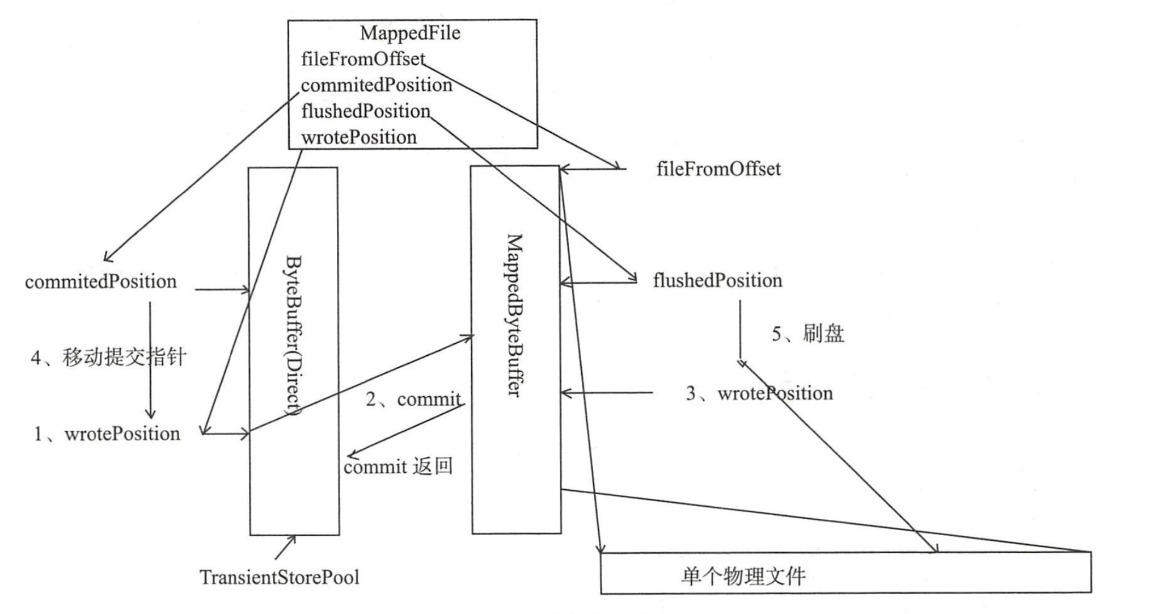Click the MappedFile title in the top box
point(410,33)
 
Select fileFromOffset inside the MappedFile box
point(363,59)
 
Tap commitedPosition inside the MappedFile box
point(377,85)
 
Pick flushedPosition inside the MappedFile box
point(366,111)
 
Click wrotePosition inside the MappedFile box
point(359,137)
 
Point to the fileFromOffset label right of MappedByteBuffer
point(718,169)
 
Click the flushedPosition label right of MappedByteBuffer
point(717,280)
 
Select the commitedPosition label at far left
point(101,282)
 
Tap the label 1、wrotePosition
point(107,434)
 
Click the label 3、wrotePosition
point(759,393)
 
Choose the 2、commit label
point(413,399)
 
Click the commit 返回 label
point(398,467)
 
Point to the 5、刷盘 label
point(808,334)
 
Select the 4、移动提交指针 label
point(108,358)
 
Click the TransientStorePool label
point(280,578)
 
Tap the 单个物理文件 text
point(743,577)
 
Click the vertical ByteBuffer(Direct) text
point(293,335)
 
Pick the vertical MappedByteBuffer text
point(514,315)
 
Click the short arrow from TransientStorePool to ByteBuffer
point(285,547)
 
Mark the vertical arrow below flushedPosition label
point(739,332)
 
